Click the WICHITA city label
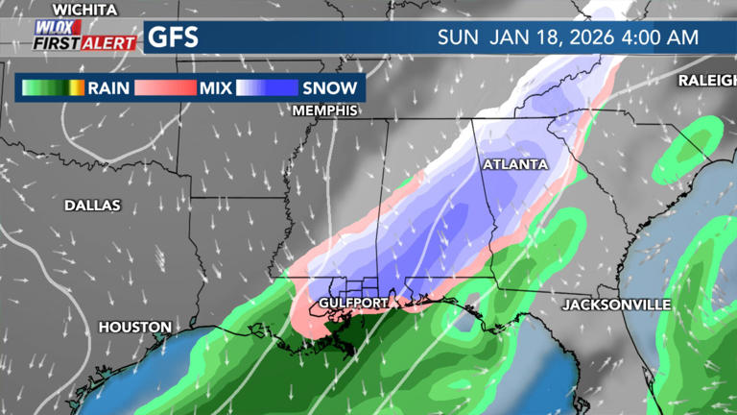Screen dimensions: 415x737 [x=83, y=10]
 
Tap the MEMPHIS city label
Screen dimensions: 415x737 [x=325, y=110]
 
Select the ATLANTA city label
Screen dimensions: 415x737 [x=515, y=165]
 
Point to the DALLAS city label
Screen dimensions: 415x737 [x=92, y=205]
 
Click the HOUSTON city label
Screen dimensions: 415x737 [x=134, y=328]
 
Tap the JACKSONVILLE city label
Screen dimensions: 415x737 [x=616, y=305]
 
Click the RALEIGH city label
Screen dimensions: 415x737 [x=707, y=80]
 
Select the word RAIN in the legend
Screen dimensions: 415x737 [x=109, y=88]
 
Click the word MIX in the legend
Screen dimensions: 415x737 [x=216, y=88]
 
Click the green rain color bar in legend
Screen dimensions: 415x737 [x=52, y=88]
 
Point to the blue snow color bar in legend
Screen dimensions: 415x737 [x=266, y=88]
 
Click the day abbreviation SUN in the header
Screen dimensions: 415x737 [x=458, y=38]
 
